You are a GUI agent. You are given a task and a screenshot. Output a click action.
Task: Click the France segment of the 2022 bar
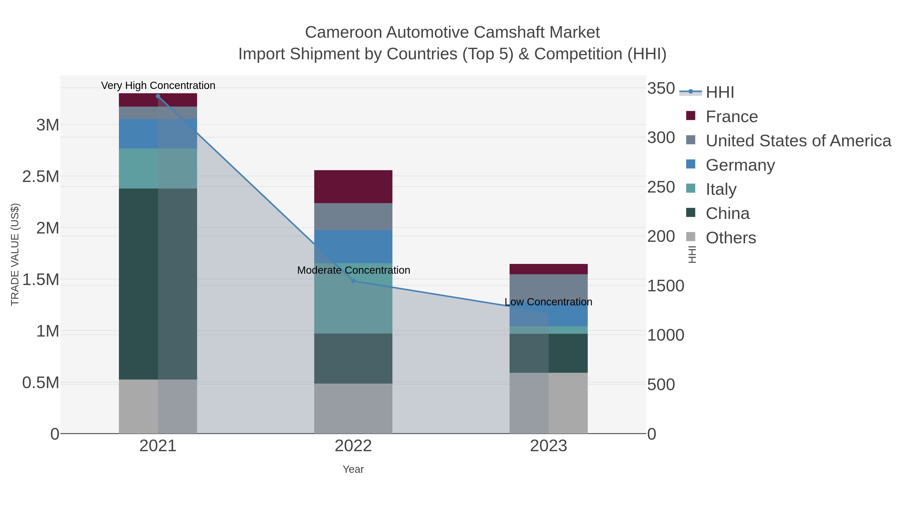coord(353,187)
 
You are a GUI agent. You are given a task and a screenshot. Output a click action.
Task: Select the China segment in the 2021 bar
coord(138,284)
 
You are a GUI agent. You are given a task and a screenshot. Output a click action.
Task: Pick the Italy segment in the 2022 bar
coord(353,298)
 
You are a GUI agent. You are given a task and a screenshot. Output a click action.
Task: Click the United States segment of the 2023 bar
coord(549,288)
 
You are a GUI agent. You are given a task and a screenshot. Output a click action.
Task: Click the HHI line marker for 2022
coord(353,281)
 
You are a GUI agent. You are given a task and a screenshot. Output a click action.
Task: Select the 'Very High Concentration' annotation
coord(158,85)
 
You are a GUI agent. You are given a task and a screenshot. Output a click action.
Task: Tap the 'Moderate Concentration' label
coord(353,270)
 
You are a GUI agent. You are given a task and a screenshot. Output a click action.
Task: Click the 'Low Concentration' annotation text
coord(548,302)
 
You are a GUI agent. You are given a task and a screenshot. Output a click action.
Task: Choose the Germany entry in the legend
coord(740,165)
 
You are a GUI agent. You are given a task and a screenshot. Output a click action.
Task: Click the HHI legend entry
coord(719,92)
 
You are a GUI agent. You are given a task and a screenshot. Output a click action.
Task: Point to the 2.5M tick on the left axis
coord(41,176)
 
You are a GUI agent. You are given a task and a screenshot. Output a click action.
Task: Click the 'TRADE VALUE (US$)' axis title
coord(15,254)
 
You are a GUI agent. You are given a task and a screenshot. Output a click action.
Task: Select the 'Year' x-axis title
coord(353,469)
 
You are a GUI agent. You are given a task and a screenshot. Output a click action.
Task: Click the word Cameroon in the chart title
coord(343,32)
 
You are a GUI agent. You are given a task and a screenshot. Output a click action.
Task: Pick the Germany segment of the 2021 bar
coord(138,133)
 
